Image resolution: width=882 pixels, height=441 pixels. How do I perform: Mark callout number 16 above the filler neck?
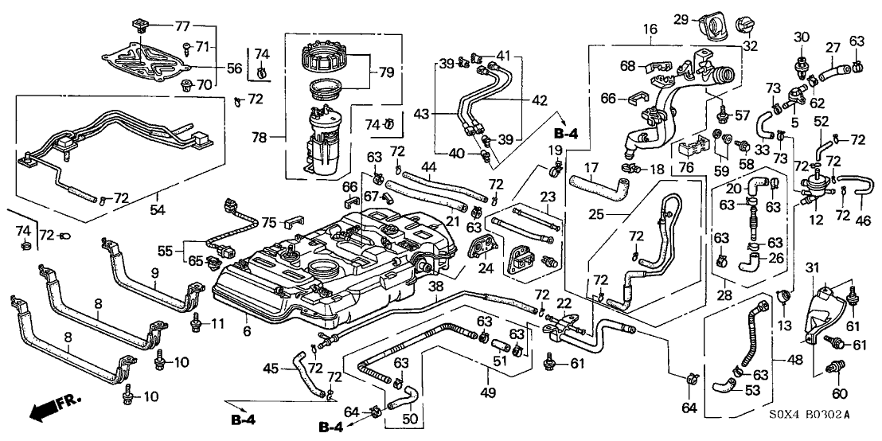(x=650, y=29)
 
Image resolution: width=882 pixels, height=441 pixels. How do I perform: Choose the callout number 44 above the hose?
(x=429, y=166)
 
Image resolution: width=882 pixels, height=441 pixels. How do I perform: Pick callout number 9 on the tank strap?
(x=156, y=272)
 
